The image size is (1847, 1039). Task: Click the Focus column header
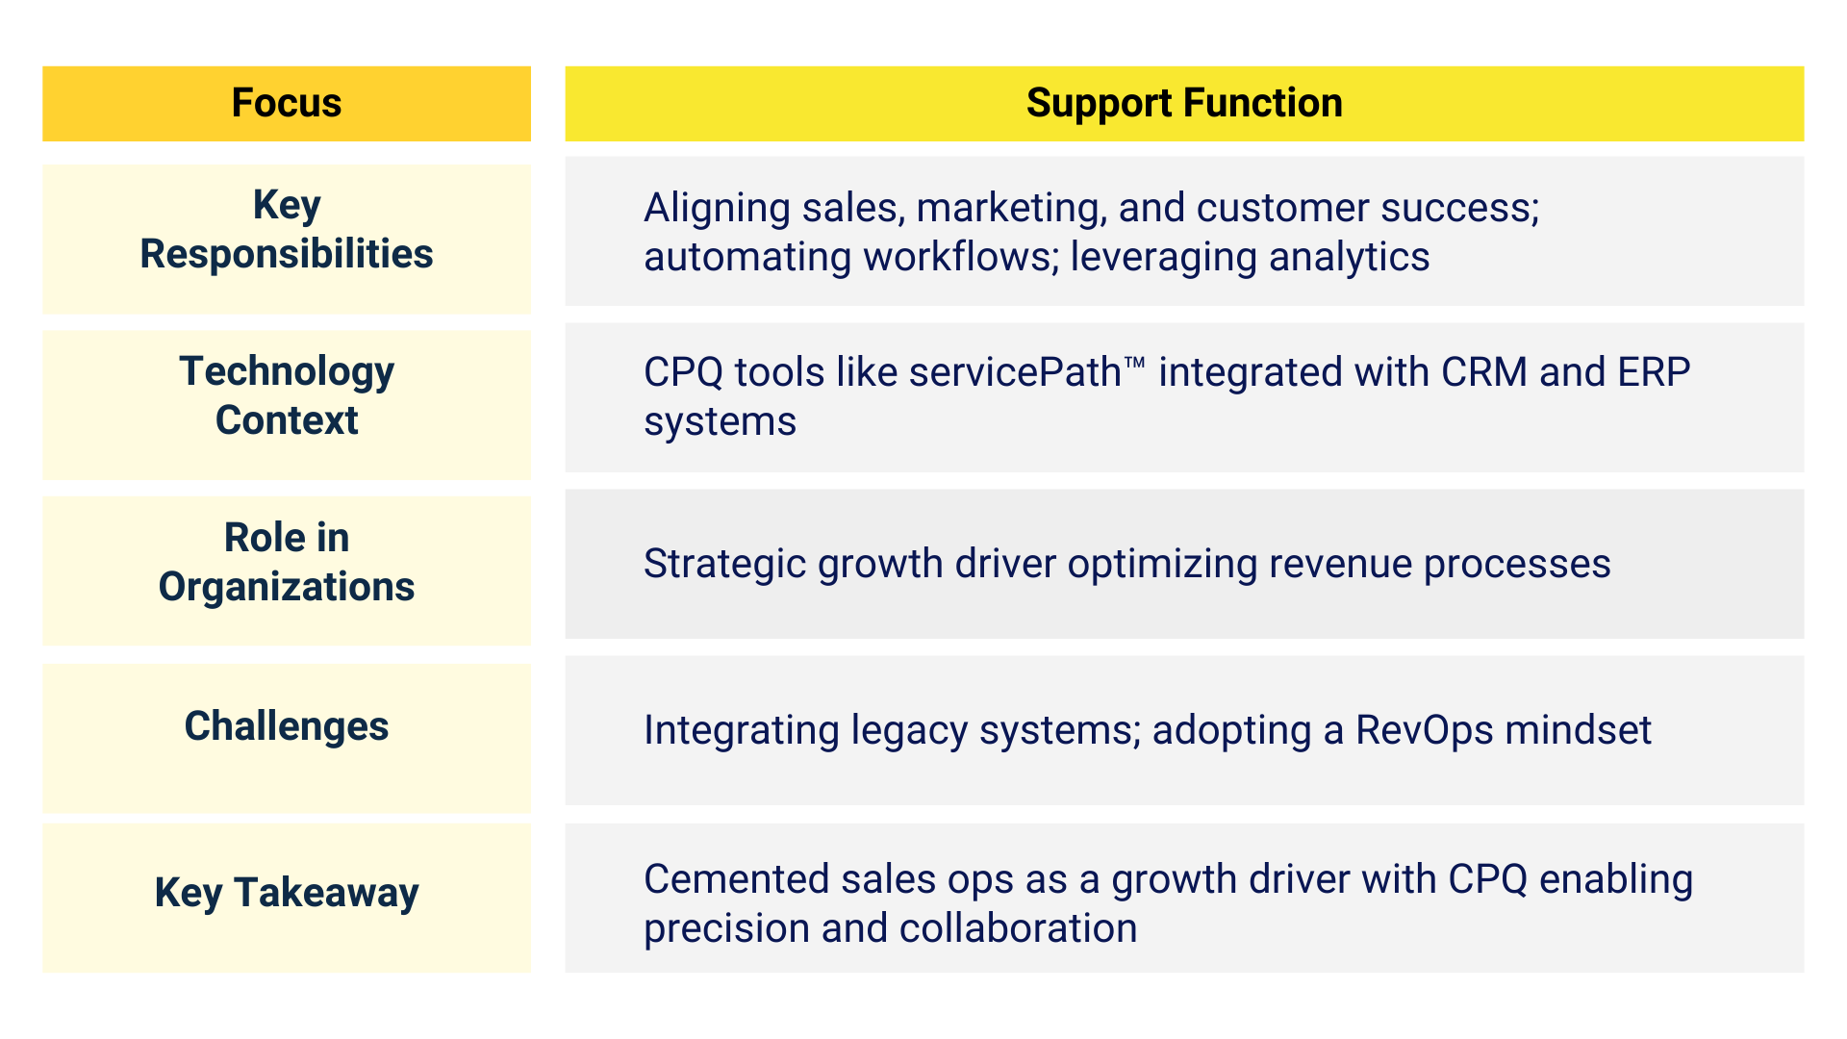[x=287, y=103]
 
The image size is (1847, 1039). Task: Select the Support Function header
[x=1184, y=103]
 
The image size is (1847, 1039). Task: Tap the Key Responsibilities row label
[x=287, y=229]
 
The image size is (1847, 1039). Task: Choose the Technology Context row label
[x=287, y=395]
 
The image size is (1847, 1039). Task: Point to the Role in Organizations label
[x=287, y=562]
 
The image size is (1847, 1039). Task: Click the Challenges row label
[x=287, y=726]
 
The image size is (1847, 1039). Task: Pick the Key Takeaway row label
[x=287, y=893]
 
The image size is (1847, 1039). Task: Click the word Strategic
[x=725, y=565]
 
